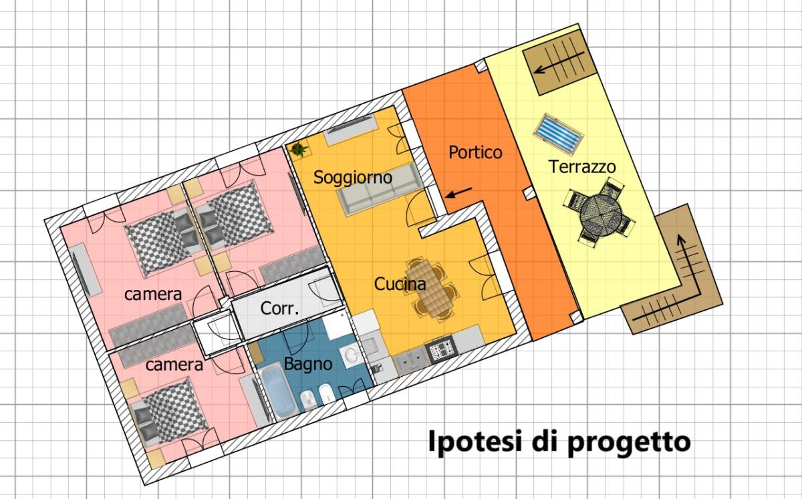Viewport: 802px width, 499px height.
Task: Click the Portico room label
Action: click(x=475, y=152)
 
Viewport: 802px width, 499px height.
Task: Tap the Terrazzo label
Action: click(x=582, y=167)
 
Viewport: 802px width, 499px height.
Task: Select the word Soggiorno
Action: click(x=353, y=178)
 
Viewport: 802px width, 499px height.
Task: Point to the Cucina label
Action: click(x=400, y=284)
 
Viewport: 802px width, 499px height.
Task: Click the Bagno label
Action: click(x=308, y=365)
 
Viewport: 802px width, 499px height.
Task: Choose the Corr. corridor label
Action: click(x=279, y=308)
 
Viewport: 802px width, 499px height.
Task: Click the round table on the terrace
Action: click(x=599, y=214)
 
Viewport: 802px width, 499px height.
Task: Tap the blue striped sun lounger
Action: click(x=558, y=134)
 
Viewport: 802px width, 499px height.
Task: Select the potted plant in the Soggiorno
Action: click(x=299, y=149)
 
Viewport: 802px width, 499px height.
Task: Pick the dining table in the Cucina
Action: click(x=430, y=287)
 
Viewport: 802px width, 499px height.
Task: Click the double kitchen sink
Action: click(x=412, y=359)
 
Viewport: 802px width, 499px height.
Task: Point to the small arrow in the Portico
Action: click(x=458, y=192)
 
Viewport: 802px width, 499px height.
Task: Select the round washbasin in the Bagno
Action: click(x=350, y=355)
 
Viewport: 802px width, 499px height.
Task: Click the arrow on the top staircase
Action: click(x=559, y=62)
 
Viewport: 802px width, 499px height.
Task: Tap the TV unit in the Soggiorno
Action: click(x=351, y=129)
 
